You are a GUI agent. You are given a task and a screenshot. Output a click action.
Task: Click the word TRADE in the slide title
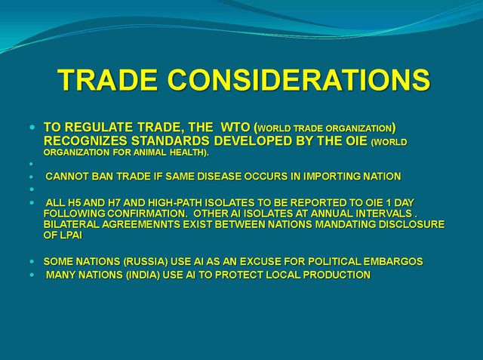pyautogui.click(x=107, y=79)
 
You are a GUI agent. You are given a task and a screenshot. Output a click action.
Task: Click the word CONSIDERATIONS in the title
pyautogui.click(x=299, y=79)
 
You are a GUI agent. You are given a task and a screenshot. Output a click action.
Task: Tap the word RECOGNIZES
pyautogui.click(x=85, y=140)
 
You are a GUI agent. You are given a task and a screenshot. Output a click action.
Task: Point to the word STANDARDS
pyautogui.click(x=171, y=140)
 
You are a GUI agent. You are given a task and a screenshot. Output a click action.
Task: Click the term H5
pyautogui.click(x=73, y=203)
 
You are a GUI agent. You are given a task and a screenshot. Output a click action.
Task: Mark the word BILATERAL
pyautogui.click(x=72, y=224)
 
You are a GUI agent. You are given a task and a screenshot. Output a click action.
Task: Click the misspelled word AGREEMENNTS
pyautogui.click(x=141, y=224)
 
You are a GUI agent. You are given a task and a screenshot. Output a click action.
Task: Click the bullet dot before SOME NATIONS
pyautogui.click(x=32, y=262)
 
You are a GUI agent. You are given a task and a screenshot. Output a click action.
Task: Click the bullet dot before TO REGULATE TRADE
pyautogui.click(x=32, y=127)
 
